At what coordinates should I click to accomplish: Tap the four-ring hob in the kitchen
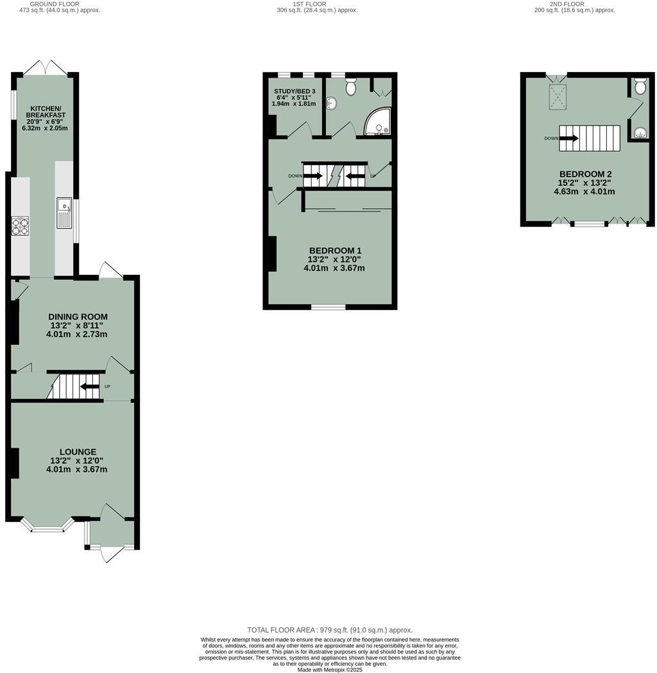[20, 227]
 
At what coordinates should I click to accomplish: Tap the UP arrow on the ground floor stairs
[91, 387]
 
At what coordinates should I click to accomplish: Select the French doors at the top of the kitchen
[46, 67]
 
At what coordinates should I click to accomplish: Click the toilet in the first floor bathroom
[352, 87]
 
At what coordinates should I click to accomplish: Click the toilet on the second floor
[639, 86]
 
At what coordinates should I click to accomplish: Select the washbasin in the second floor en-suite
[639, 133]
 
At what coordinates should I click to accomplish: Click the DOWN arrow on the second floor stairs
[568, 137]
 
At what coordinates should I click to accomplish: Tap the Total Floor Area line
[330, 630]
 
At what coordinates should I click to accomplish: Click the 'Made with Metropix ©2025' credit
[330, 670]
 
